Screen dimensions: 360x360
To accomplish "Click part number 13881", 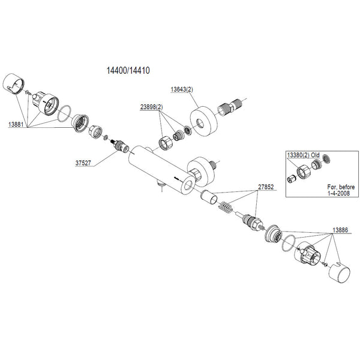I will pyautogui.click(x=16, y=124).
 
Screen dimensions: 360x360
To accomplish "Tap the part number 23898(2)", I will pyautogui.click(x=152, y=107).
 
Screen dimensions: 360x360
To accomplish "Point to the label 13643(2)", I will pyautogui.click(x=184, y=89).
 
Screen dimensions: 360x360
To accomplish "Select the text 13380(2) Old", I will pyautogui.click(x=306, y=155).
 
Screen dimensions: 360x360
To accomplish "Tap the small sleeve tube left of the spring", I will pyautogui.click(x=207, y=196).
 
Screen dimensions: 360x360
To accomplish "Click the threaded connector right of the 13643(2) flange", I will pyautogui.click(x=231, y=109).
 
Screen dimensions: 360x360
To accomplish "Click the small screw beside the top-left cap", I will pyautogui.click(x=28, y=92).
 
